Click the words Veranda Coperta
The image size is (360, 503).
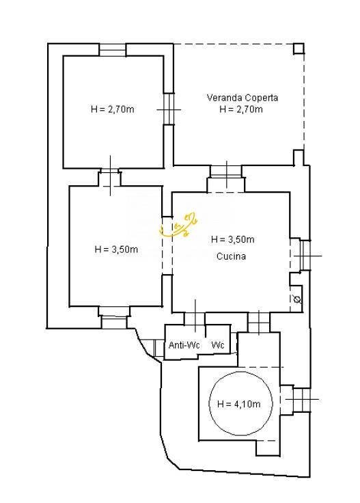click(243, 98)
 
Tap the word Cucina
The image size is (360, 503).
click(231, 256)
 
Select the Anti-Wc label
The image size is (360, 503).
click(184, 345)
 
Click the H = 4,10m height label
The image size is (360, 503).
click(239, 404)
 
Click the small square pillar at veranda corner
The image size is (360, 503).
click(299, 49)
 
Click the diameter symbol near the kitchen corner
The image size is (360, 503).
click(297, 300)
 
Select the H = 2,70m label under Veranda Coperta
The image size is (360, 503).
click(241, 109)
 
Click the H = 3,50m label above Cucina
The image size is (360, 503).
click(233, 239)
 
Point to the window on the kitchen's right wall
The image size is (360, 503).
click(305, 256)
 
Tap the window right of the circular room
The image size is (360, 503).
click(302, 399)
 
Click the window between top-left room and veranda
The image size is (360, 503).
click(169, 109)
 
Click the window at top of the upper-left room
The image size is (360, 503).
click(112, 50)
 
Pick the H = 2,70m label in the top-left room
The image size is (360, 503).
click(113, 109)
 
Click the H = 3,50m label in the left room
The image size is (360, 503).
click(116, 249)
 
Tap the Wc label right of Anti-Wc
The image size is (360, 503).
click(218, 345)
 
